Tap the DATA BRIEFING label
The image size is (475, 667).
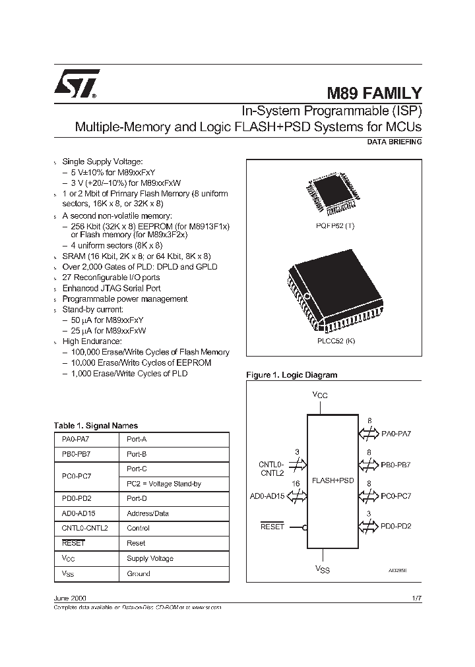[x=394, y=142]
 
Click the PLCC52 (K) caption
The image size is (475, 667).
[x=335, y=341]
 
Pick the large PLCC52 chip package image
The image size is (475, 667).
[x=334, y=291]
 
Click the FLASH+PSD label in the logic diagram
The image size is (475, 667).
[x=332, y=480]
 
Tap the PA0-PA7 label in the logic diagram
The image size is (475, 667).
[x=396, y=434]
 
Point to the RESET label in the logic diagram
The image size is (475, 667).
[x=272, y=527]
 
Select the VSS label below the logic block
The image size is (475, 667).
[x=322, y=568]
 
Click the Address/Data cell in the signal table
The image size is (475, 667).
[x=147, y=513]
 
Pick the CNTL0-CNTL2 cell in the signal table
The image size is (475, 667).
[x=84, y=528]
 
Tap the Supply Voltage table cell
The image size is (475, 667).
[x=150, y=558]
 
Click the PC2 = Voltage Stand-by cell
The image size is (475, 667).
[x=164, y=484]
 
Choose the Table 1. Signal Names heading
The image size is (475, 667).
[x=96, y=426]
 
